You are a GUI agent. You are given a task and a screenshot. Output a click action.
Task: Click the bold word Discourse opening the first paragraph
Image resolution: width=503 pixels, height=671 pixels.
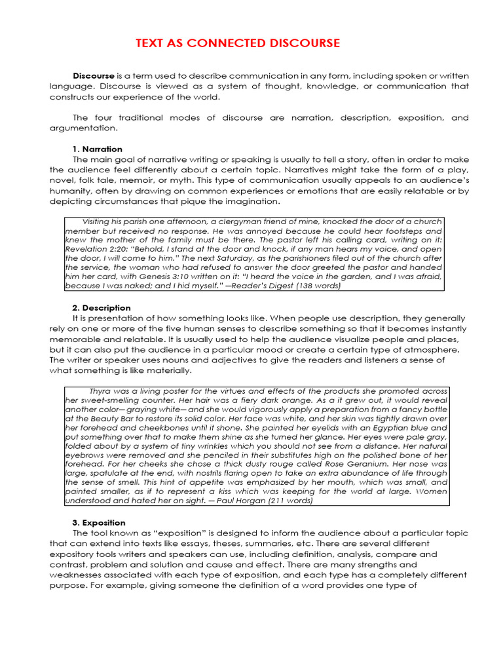coord(94,76)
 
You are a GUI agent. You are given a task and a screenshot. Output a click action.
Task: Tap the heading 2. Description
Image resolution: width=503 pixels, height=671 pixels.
coord(102,307)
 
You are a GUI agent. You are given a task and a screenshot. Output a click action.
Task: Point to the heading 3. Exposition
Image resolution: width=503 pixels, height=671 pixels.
coord(99,522)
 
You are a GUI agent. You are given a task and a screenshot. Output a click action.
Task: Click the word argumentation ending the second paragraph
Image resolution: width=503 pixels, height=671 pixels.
coord(77,128)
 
